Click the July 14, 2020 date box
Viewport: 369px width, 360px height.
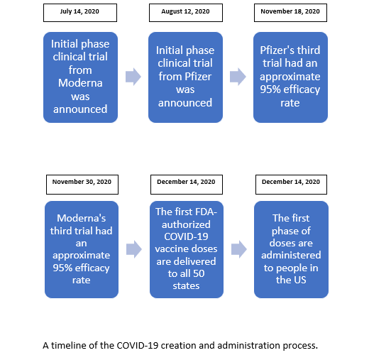80,13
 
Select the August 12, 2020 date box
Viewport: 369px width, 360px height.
186,13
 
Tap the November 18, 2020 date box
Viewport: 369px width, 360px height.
290,13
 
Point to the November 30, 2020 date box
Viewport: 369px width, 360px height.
82,185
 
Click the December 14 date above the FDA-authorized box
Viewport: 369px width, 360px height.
187,185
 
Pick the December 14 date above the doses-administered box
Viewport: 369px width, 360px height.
291,185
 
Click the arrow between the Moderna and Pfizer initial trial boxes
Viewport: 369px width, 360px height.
133,77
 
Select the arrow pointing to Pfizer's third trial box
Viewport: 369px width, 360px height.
238,77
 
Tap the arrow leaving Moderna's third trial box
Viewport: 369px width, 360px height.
134,249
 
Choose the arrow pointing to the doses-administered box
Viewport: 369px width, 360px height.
239,249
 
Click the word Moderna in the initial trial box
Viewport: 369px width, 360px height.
80,83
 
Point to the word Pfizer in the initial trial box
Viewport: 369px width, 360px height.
198,77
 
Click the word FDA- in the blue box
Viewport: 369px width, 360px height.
206,212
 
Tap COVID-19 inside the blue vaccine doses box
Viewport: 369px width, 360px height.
186,236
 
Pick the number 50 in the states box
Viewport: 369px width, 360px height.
199,273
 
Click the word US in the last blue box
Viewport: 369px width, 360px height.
300,280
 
